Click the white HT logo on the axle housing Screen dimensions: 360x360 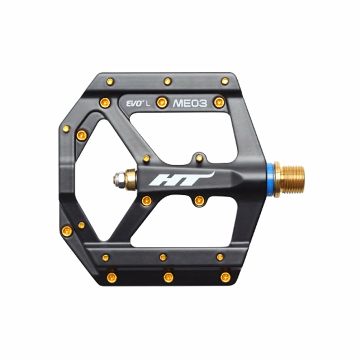(179, 179)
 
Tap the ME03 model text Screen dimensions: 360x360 (190, 103)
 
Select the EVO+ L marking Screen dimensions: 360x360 (138, 103)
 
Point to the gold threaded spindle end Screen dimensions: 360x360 (290, 180)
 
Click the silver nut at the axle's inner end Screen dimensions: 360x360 (118, 179)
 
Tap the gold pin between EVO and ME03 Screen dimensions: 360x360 (161, 102)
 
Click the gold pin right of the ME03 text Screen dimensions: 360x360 (219, 102)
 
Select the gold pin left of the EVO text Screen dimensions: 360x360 (105, 102)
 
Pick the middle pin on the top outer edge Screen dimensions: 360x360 (168, 82)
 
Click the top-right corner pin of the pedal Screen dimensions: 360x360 (225, 82)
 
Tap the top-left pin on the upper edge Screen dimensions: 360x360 (110, 82)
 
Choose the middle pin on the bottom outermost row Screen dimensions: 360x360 (168, 277)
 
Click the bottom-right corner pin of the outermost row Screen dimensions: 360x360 (225, 277)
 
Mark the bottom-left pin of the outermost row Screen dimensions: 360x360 (111, 277)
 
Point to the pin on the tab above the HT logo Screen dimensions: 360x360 (199, 158)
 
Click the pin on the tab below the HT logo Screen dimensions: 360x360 (199, 201)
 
